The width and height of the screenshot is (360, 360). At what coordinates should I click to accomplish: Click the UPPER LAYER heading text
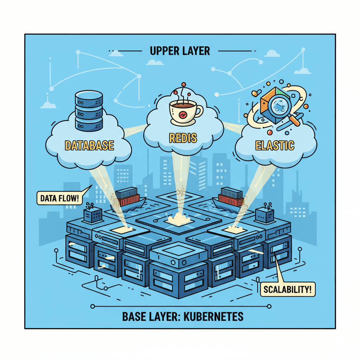pyautogui.click(x=180, y=51)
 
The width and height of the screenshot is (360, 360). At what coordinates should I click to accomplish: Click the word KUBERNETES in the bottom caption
pyautogui.click(x=217, y=316)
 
